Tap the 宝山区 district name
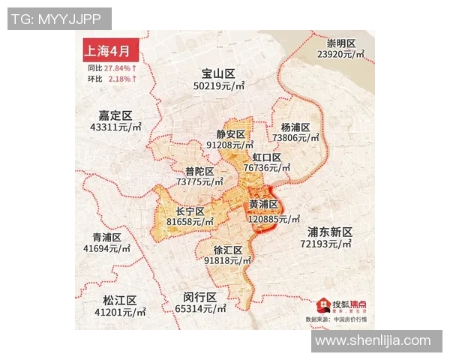218,73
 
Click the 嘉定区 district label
115,115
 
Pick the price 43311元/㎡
115,127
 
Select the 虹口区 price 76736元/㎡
268,169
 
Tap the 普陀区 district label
199,170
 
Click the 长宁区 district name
190,211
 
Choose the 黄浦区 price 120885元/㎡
268,219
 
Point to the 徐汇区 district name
228,250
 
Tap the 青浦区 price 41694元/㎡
106,248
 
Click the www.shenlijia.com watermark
373,341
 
